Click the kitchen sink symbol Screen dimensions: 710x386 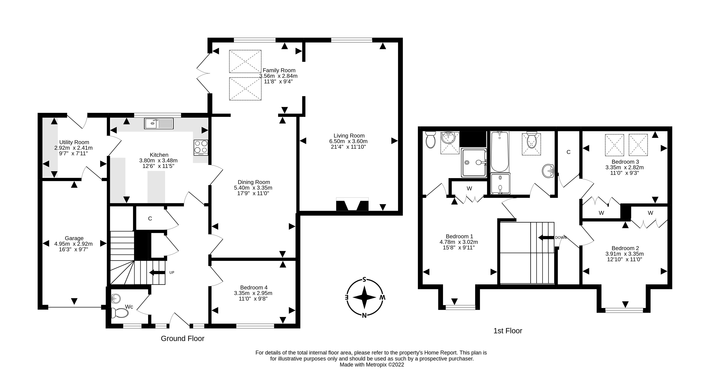tap(159, 123)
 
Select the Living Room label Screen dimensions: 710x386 tap(349, 136)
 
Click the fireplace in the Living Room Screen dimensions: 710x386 tap(352, 204)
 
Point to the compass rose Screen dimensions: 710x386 tap(364, 298)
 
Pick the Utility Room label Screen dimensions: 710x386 tap(74, 142)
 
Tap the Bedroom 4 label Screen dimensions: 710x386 tap(254, 287)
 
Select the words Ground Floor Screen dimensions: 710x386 tap(183, 338)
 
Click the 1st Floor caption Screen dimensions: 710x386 tap(508, 331)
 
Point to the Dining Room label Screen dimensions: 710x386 tap(254, 182)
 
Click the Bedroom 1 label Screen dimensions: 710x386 tap(459, 236)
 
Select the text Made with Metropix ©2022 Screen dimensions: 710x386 tap(372, 365)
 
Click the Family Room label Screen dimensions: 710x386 tap(279, 70)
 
